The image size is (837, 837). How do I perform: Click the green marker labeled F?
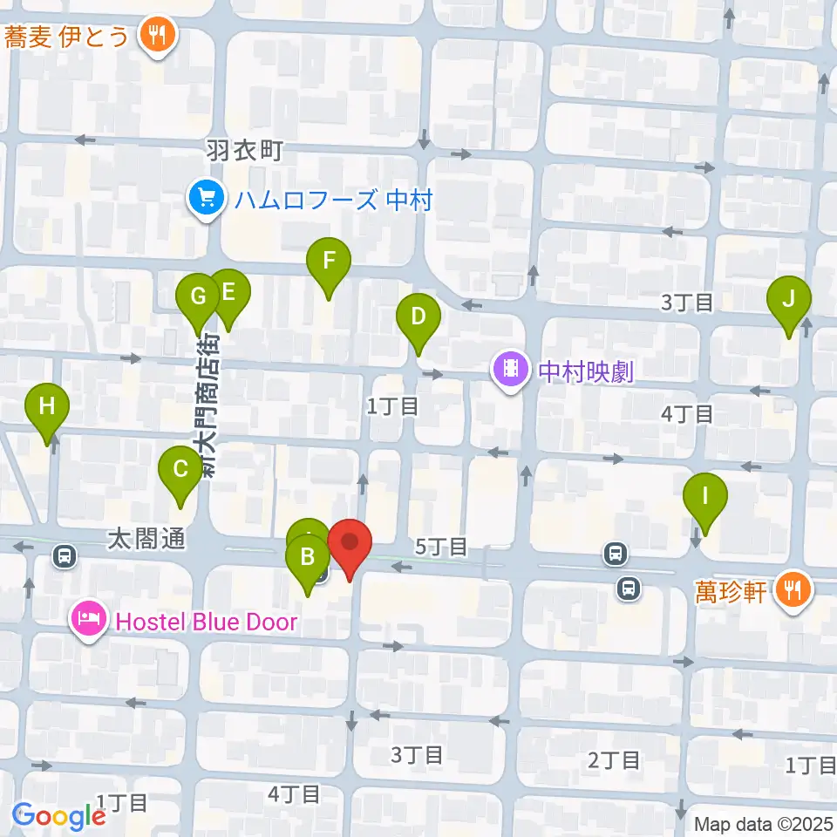click(x=329, y=261)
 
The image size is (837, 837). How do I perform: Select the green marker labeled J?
click(x=788, y=301)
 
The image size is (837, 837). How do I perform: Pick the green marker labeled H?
click(x=47, y=407)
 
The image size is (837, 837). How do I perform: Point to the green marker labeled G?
click(x=198, y=297)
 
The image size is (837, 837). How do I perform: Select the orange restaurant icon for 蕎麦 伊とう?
click(x=158, y=35)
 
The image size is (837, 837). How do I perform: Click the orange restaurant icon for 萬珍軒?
click(x=793, y=593)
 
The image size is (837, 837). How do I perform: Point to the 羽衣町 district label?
click(x=245, y=150)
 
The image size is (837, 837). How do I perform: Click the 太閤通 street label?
click(x=146, y=540)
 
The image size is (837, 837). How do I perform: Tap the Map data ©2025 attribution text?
click(x=764, y=823)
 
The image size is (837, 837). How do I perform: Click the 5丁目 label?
click(x=441, y=547)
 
